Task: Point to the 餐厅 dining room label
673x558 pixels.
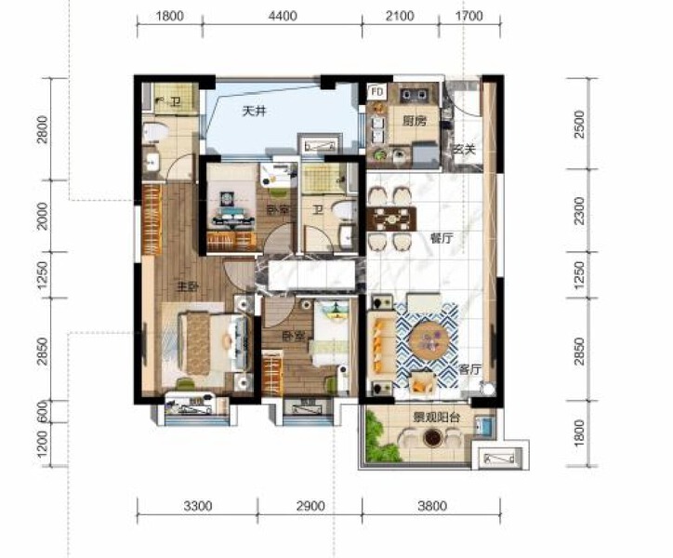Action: point(441,238)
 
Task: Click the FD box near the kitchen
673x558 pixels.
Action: point(376,92)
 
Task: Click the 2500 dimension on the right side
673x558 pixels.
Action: point(580,123)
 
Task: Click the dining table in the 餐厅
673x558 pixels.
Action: point(390,219)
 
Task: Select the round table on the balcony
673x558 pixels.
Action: point(431,437)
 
